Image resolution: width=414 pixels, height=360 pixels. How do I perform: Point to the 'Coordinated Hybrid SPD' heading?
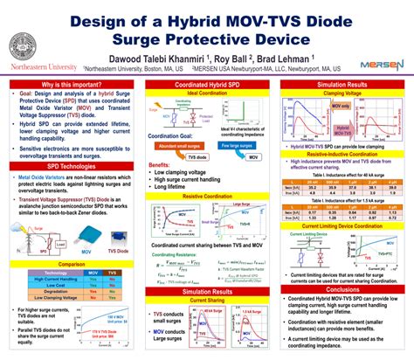tap(206, 85)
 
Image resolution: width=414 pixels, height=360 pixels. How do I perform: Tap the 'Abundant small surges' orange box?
tap(177, 145)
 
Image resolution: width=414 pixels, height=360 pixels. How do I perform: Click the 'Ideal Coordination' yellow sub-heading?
tap(206, 93)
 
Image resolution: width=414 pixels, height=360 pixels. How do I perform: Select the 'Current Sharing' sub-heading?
tap(206, 299)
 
